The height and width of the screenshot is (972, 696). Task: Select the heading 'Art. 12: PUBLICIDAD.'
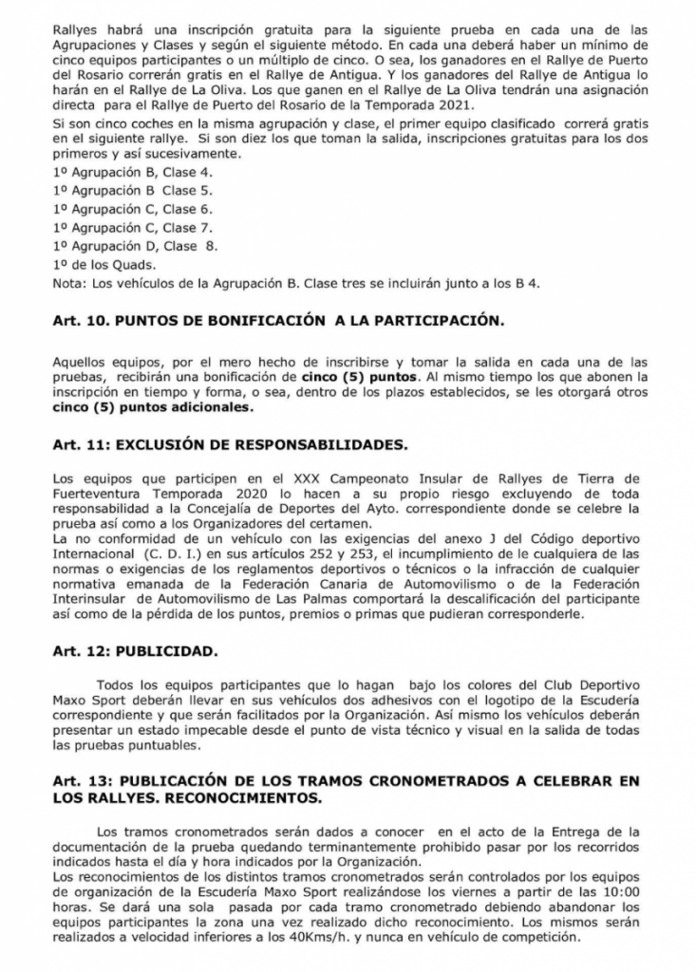[x=134, y=652]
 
